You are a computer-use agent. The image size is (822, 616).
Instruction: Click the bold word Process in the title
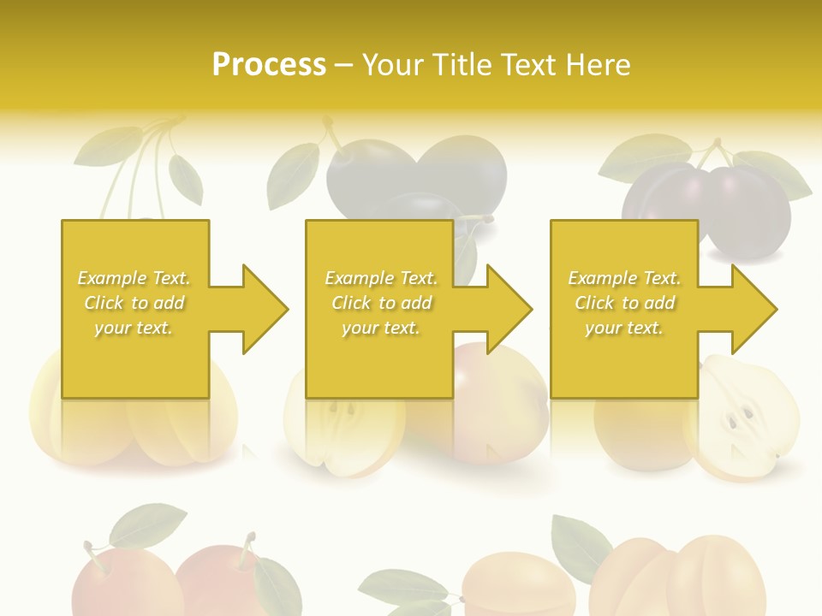pyautogui.click(x=269, y=64)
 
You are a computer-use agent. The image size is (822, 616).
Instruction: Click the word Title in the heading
pyautogui.click(x=462, y=64)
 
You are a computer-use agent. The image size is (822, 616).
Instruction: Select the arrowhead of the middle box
pyautogui.click(x=509, y=309)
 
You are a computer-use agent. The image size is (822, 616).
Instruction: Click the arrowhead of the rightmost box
pyautogui.click(x=754, y=309)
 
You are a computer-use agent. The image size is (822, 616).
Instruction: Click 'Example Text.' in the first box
pyautogui.click(x=134, y=278)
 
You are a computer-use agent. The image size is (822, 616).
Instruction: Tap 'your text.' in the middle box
pyautogui.click(x=380, y=328)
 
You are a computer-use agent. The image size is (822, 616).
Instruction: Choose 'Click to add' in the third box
pyautogui.click(x=624, y=303)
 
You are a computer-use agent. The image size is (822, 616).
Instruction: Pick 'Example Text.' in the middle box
pyautogui.click(x=380, y=278)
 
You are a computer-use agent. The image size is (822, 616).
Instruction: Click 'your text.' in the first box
pyautogui.click(x=134, y=328)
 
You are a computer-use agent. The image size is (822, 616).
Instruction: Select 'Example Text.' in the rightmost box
pyautogui.click(x=624, y=278)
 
